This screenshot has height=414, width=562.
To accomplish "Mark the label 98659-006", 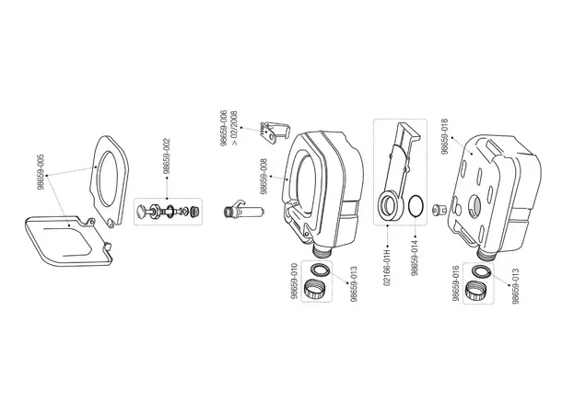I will tap(222, 129).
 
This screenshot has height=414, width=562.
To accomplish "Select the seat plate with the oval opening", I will tap(111, 179).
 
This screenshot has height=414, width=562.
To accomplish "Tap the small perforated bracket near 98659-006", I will tap(273, 132).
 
